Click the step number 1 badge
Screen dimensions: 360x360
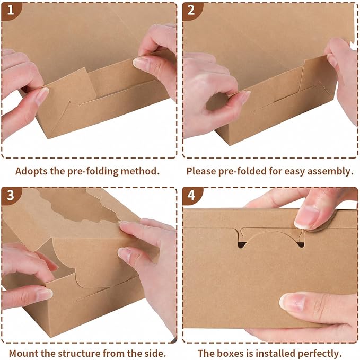(10, 11)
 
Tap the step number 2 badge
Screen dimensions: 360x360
(191, 11)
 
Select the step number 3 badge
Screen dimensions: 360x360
(10, 196)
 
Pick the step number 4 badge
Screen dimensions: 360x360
(191, 196)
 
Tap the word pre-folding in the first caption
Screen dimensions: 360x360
(93, 171)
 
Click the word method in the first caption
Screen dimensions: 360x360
(140, 171)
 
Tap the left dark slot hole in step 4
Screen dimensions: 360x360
(242, 245)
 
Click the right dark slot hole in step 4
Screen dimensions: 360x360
(300, 244)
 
